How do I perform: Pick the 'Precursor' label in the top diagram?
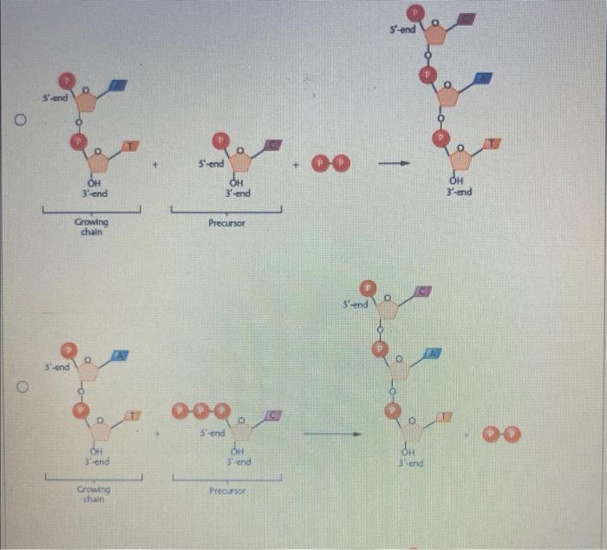[228, 223]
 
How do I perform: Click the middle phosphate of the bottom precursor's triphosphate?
[204, 410]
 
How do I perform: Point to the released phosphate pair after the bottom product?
[504, 435]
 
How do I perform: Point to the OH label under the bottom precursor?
[235, 451]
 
